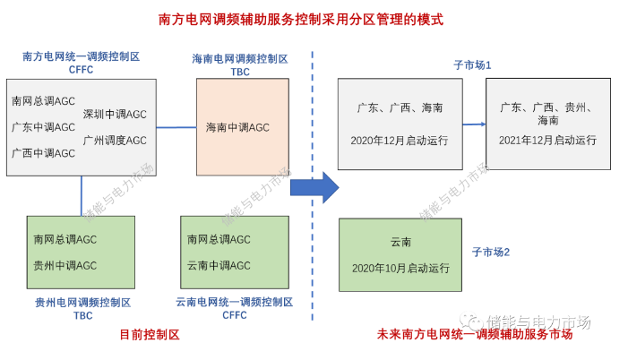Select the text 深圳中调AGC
tap(115, 115)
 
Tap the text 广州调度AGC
tap(115, 141)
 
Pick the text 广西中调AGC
tap(43, 153)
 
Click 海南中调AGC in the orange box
tap(237, 127)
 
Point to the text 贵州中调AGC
tap(65, 265)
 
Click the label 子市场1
tap(473, 66)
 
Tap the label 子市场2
tap(491, 253)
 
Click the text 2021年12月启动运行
tap(548, 141)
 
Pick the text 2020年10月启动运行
tap(400, 268)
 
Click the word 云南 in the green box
tap(400, 243)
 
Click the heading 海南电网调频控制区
tap(240, 59)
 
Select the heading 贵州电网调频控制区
tap(83, 303)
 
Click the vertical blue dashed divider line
tap(313, 269)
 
